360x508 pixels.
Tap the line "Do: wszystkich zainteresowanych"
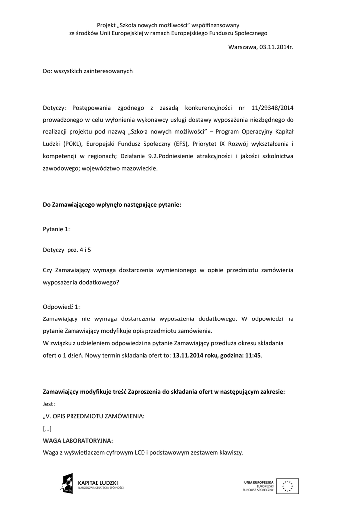(x=88, y=71)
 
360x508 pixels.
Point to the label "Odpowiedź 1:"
(x=61, y=307)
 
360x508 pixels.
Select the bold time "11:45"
(x=253, y=356)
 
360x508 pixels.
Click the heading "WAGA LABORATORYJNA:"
(x=78, y=440)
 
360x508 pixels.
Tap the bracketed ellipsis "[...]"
(x=47, y=428)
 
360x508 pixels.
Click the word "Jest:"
(x=49, y=404)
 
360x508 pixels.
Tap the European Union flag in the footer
(x=290, y=486)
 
